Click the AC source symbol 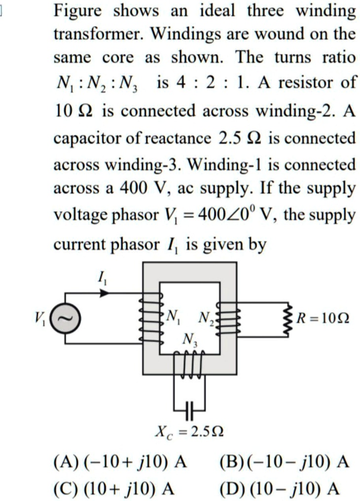pyautogui.click(x=64, y=318)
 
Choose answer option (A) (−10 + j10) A pyautogui.click(x=121, y=463)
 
